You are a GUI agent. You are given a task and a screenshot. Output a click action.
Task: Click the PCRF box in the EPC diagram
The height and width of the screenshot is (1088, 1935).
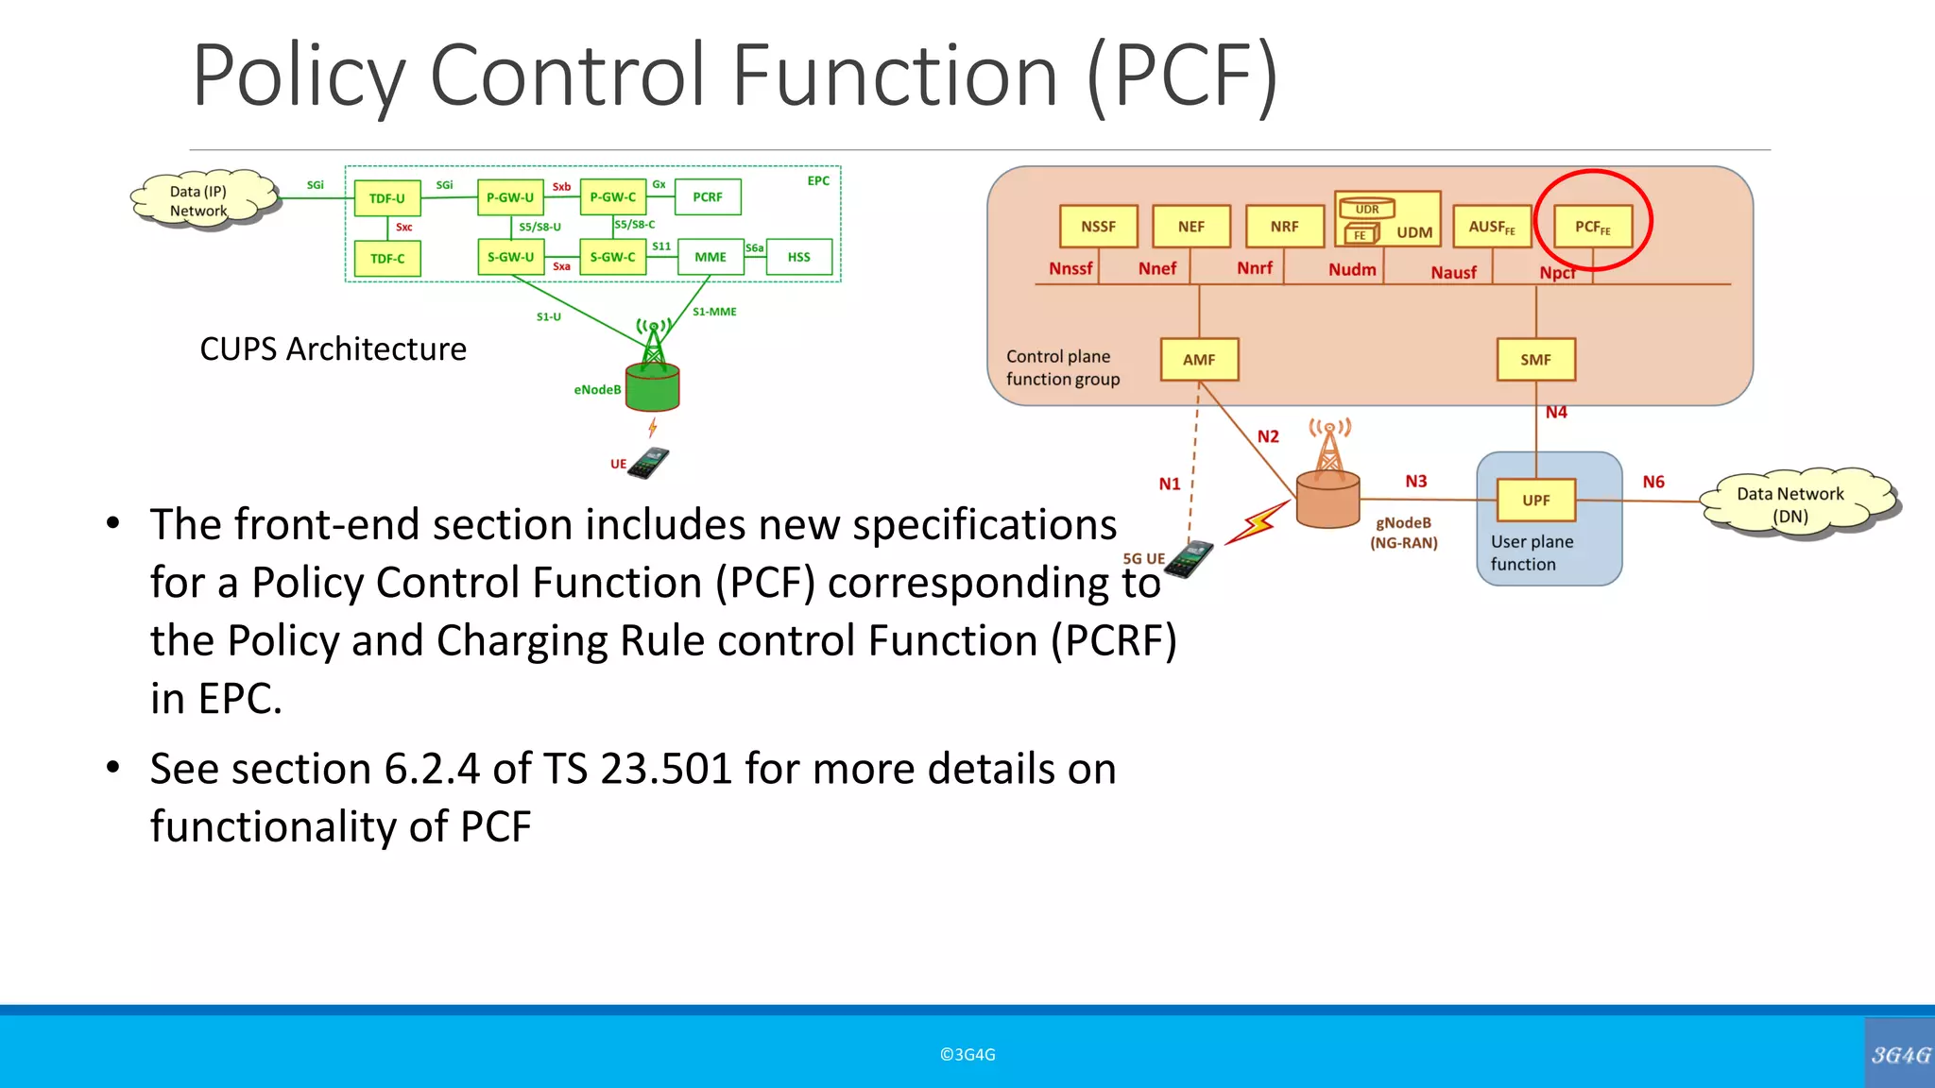pyautogui.click(x=708, y=197)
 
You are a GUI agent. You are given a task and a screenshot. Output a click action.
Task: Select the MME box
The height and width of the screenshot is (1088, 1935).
pyautogui.click(x=711, y=257)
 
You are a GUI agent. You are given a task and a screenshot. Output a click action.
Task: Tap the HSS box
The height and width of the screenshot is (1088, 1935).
pyautogui.click(x=799, y=257)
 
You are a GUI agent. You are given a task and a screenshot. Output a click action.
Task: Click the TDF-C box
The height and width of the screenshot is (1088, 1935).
pyautogui.click(x=387, y=259)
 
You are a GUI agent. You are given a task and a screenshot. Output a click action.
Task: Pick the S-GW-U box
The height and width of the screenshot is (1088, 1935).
pyautogui.click(x=510, y=257)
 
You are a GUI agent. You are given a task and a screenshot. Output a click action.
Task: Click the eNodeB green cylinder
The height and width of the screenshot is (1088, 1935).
pyautogui.click(x=652, y=387)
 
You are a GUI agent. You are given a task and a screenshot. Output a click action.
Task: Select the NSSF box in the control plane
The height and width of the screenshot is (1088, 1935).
pyautogui.click(x=1098, y=227)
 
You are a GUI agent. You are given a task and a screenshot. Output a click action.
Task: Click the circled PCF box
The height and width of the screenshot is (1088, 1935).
pyautogui.click(x=1593, y=227)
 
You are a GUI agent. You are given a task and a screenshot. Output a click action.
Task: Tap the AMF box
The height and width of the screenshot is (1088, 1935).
pyautogui.click(x=1199, y=360)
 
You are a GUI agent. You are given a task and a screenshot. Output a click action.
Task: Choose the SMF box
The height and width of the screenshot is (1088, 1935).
pyautogui.click(x=1536, y=360)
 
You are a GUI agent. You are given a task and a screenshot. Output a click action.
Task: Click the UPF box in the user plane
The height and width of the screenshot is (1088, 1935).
pyautogui.click(x=1536, y=501)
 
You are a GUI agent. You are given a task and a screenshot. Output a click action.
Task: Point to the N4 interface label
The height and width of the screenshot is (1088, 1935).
pyautogui.click(x=1556, y=413)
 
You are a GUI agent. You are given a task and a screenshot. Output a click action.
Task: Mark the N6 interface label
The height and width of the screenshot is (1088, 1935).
pyautogui.click(x=1653, y=482)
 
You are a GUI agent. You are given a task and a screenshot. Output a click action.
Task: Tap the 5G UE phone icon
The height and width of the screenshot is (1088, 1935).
pyautogui.click(x=1189, y=559)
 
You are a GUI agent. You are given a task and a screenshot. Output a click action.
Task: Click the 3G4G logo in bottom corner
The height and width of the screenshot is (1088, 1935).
pyautogui.click(x=1900, y=1055)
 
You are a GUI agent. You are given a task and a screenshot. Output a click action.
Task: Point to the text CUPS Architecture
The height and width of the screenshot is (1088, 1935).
pyautogui.click(x=333, y=349)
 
